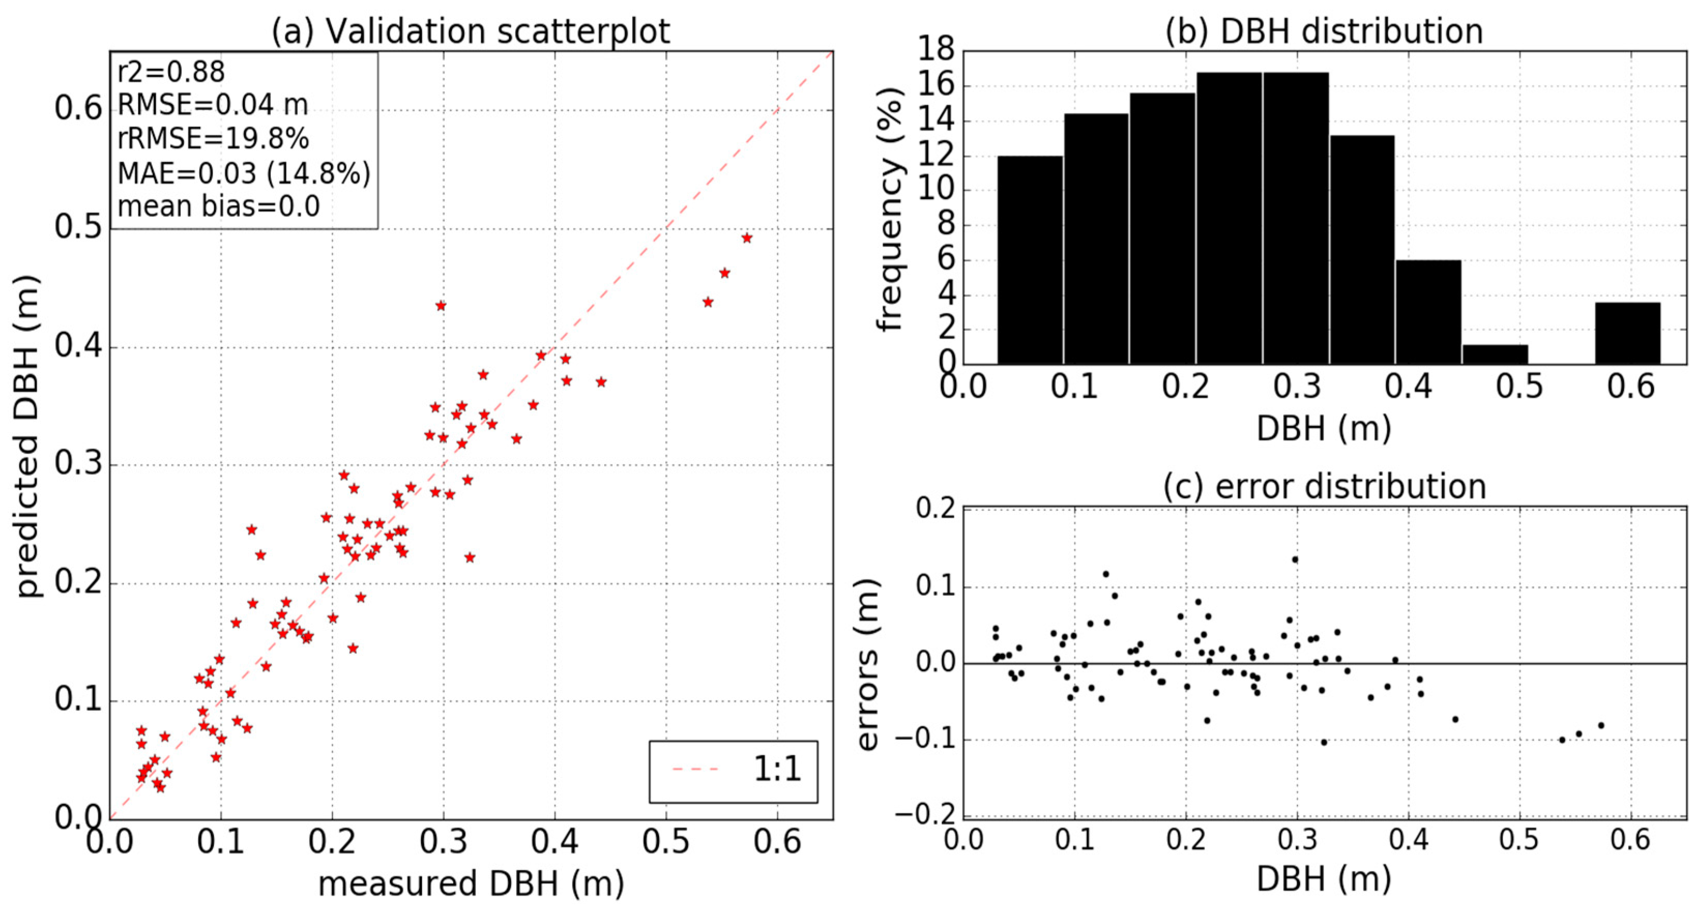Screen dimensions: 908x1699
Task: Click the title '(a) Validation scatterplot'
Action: point(471,31)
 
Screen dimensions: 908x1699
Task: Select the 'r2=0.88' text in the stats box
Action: point(171,72)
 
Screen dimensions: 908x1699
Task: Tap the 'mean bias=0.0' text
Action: point(218,207)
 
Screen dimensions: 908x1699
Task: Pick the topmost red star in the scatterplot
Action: point(746,238)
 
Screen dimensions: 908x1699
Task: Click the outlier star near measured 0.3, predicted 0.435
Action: point(441,306)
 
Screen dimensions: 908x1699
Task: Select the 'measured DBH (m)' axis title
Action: point(471,883)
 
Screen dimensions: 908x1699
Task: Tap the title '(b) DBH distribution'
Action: point(1324,31)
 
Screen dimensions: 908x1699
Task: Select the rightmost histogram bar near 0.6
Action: point(1627,333)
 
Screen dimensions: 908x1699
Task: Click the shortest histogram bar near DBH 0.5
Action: point(1495,355)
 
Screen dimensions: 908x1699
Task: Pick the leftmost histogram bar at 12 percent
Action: point(1030,260)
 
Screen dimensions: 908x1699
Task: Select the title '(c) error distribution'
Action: point(1324,487)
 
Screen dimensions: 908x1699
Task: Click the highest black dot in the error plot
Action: point(1295,559)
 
